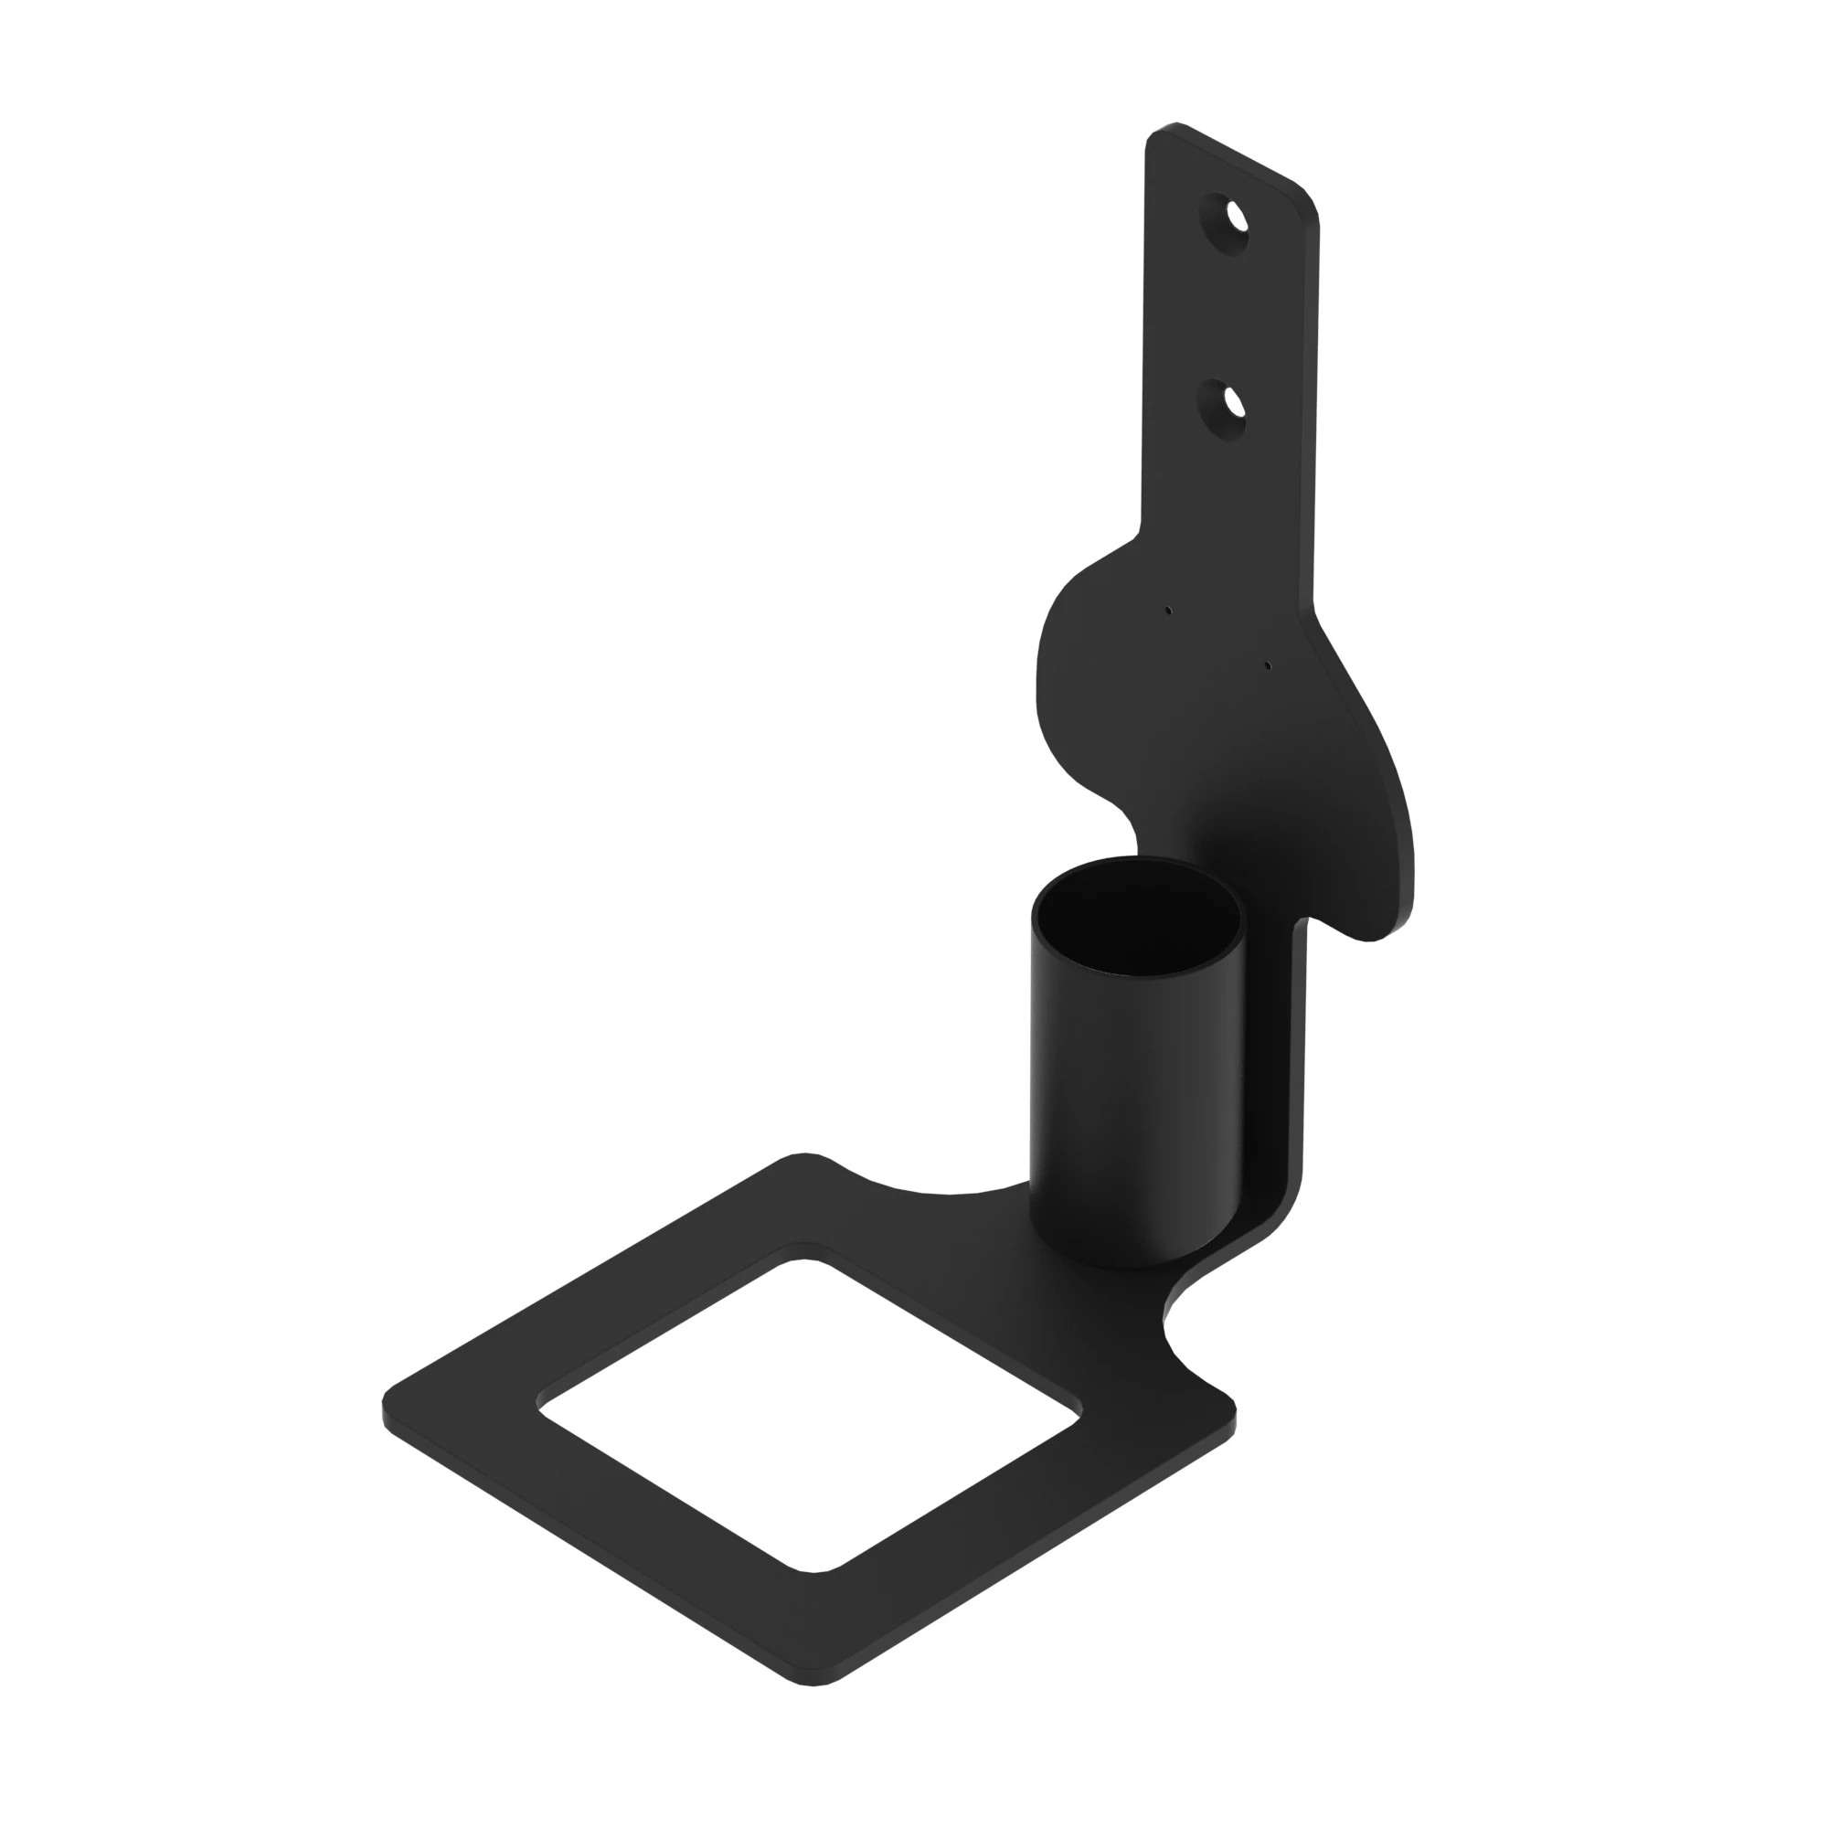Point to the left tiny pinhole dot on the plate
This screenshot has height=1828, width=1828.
coord(1168,611)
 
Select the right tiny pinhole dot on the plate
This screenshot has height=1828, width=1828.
coord(1268,665)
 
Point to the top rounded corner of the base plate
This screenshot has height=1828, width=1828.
coord(804,1158)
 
